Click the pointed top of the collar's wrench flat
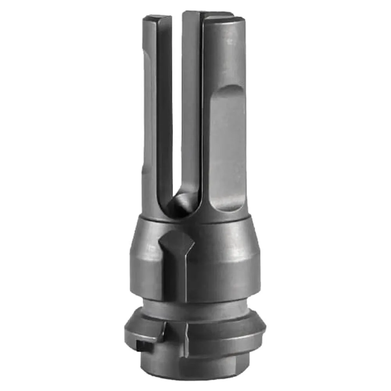[176, 234]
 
